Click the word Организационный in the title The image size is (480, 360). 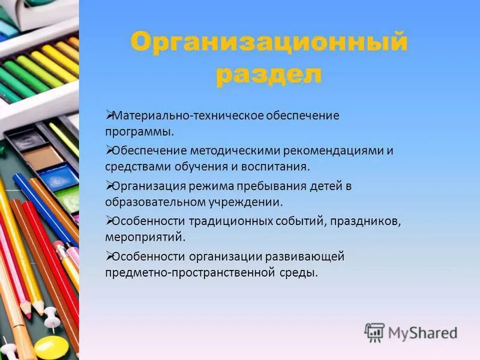pos(269,43)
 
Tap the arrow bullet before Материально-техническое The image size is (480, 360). pos(109,113)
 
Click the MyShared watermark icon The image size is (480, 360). pos(374,332)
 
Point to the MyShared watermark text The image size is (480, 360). pos(422,332)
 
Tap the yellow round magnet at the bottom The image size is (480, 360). pos(52,347)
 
